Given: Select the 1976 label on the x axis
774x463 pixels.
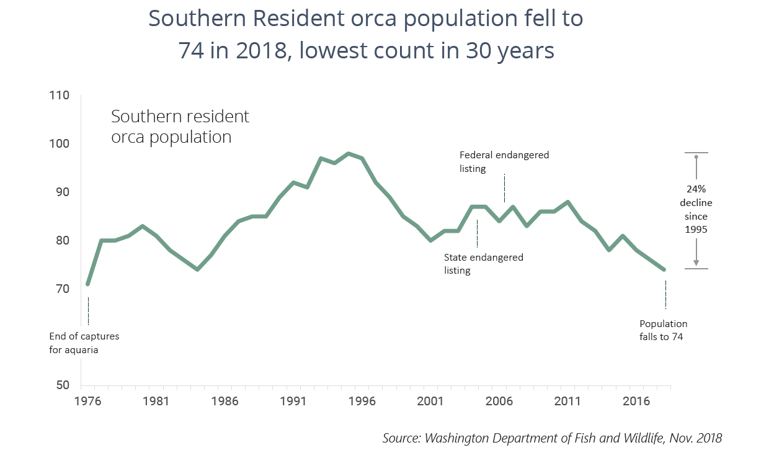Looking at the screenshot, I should click(x=87, y=401).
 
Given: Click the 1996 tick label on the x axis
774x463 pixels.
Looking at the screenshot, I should click(x=362, y=401).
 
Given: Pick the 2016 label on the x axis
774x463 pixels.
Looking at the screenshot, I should click(x=636, y=401).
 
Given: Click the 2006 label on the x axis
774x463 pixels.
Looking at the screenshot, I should click(x=499, y=401).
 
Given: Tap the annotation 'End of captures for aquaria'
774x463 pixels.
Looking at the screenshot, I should click(x=84, y=343).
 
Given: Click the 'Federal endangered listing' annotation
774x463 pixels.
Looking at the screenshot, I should click(x=504, y=161).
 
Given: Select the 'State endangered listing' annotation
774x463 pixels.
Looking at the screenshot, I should click(x=483, y=264).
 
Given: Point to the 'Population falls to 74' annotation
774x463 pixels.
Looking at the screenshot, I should click(x=663, y=330).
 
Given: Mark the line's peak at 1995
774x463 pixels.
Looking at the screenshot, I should click(x=349, y=153).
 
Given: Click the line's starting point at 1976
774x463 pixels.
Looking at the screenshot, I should click(x=88, y=284).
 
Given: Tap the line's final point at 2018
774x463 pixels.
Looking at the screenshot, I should click(x=664, y=269).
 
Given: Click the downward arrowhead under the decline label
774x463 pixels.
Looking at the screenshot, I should click(x=696, y=263).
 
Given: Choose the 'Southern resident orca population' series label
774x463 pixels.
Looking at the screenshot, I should click(x=180, y=126).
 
